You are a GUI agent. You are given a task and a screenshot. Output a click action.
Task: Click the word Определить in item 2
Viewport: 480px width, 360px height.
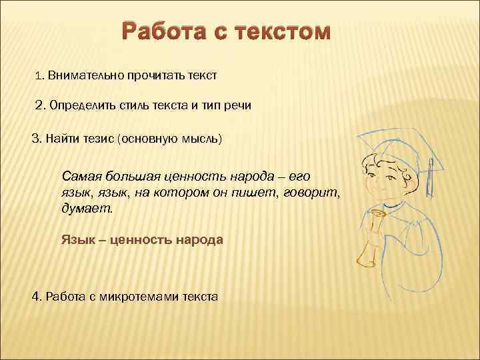coord(83,106)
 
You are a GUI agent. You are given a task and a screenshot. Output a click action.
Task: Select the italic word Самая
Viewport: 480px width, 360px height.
coord(79,176)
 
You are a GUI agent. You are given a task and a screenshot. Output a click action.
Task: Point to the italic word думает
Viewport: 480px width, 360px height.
coord(87,208)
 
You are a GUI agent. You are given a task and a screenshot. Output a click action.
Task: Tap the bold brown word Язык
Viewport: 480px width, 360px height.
coord(75,239)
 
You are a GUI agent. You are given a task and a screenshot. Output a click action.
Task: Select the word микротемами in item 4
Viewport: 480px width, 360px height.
coord(142,296)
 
